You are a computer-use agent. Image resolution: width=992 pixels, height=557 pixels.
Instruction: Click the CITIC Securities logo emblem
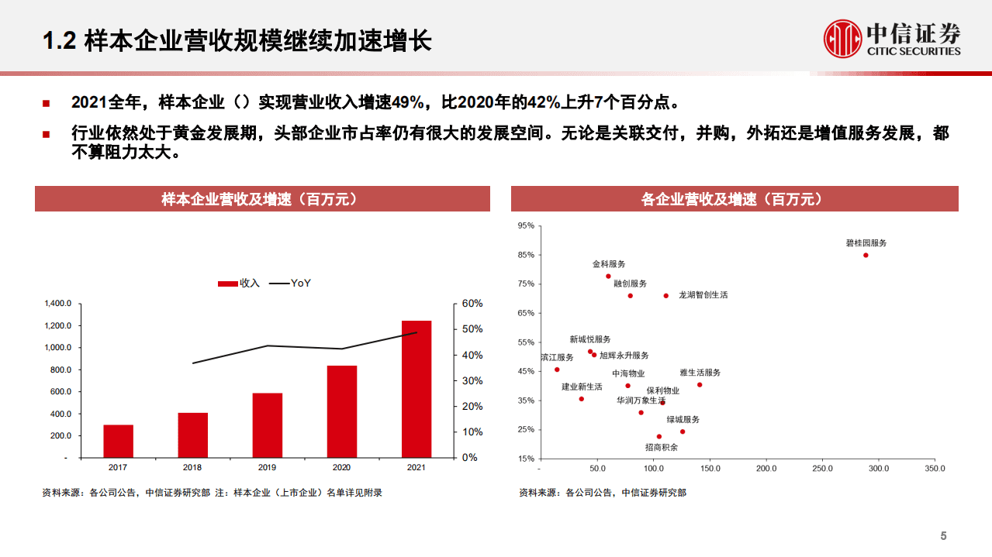[x=843, y=39]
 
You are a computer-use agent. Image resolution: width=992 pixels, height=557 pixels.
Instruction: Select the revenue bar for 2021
[x=417, y=388]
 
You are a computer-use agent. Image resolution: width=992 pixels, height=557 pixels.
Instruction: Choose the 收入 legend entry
[x=239, y=284]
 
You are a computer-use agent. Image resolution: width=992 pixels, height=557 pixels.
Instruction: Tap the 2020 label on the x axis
[x=341, y=468]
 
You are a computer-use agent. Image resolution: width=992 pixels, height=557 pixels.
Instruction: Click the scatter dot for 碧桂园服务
[x=866, y=255]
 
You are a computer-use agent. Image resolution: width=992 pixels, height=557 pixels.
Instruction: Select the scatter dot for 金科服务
[x=608, y=276]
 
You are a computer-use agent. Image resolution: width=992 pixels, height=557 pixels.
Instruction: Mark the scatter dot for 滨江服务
[x=556, y=370]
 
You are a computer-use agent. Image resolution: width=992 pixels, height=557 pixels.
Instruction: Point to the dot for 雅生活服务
[x=699, y=384]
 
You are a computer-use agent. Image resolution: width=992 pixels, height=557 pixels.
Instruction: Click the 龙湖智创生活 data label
[x=703, y=295]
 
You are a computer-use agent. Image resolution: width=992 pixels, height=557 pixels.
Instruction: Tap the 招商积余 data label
[x=662, y=447]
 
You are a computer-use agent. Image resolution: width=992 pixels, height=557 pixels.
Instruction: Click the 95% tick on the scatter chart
[x=526, y=225]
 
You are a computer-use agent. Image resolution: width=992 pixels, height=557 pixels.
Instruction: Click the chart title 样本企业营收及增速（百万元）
[x=262, y=199]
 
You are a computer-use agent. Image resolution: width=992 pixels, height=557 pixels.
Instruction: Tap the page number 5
[x=943, y=536]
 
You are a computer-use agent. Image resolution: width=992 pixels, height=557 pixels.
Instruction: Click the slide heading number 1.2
[x=58, y=40]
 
